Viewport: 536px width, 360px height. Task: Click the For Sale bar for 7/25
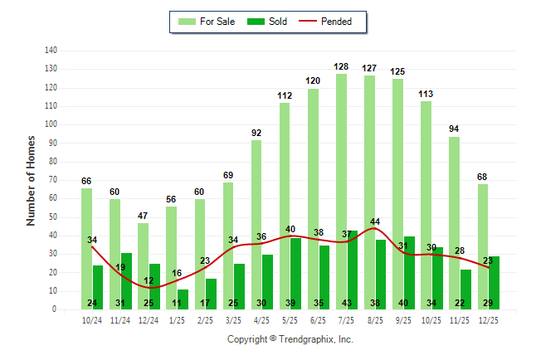tap(341, 191)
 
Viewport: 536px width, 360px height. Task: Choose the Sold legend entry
tap(268, 22)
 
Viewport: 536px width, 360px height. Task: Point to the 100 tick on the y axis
tap(51, 124)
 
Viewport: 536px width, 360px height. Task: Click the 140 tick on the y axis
tap(51, 50)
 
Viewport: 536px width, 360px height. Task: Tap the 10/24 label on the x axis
tap(92, 320)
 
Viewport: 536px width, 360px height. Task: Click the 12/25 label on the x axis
tap(488, 320)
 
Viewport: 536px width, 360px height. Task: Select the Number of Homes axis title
tap(32, 180)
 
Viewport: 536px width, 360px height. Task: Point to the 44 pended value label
tap(375, 221)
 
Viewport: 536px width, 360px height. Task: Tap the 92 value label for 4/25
tap(256, 133)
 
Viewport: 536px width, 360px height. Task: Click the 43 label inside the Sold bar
tap(353, 303)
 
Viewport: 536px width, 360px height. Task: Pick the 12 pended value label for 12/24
tap(149, 280)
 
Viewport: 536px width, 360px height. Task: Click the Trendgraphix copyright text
tap(290, 339)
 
